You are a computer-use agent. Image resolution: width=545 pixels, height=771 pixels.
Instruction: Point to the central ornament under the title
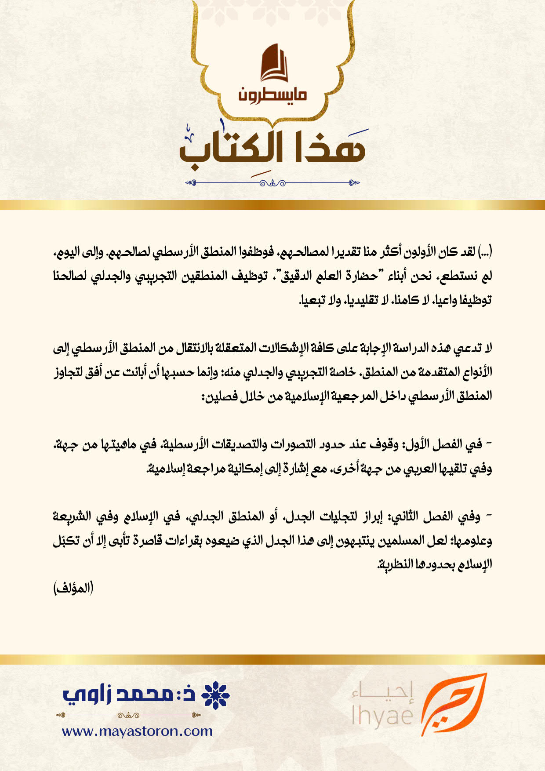pos(272,183)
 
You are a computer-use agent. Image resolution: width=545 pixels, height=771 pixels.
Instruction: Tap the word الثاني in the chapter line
pos(403,516)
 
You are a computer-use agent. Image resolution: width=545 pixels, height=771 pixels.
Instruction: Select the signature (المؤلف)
pos(73,588)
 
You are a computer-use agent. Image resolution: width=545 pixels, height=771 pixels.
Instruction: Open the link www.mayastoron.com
pos(137,731)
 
